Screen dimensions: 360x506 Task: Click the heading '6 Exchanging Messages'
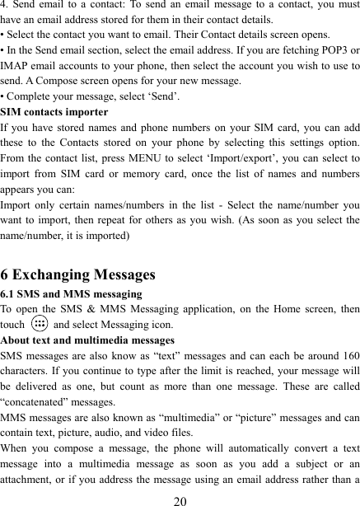[x=78, y=274]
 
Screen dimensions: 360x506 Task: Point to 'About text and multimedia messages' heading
[x=87, y=340]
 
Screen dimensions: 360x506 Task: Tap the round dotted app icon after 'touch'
[x=39, y=325]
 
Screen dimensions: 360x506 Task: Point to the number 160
[x=348, y=355]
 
